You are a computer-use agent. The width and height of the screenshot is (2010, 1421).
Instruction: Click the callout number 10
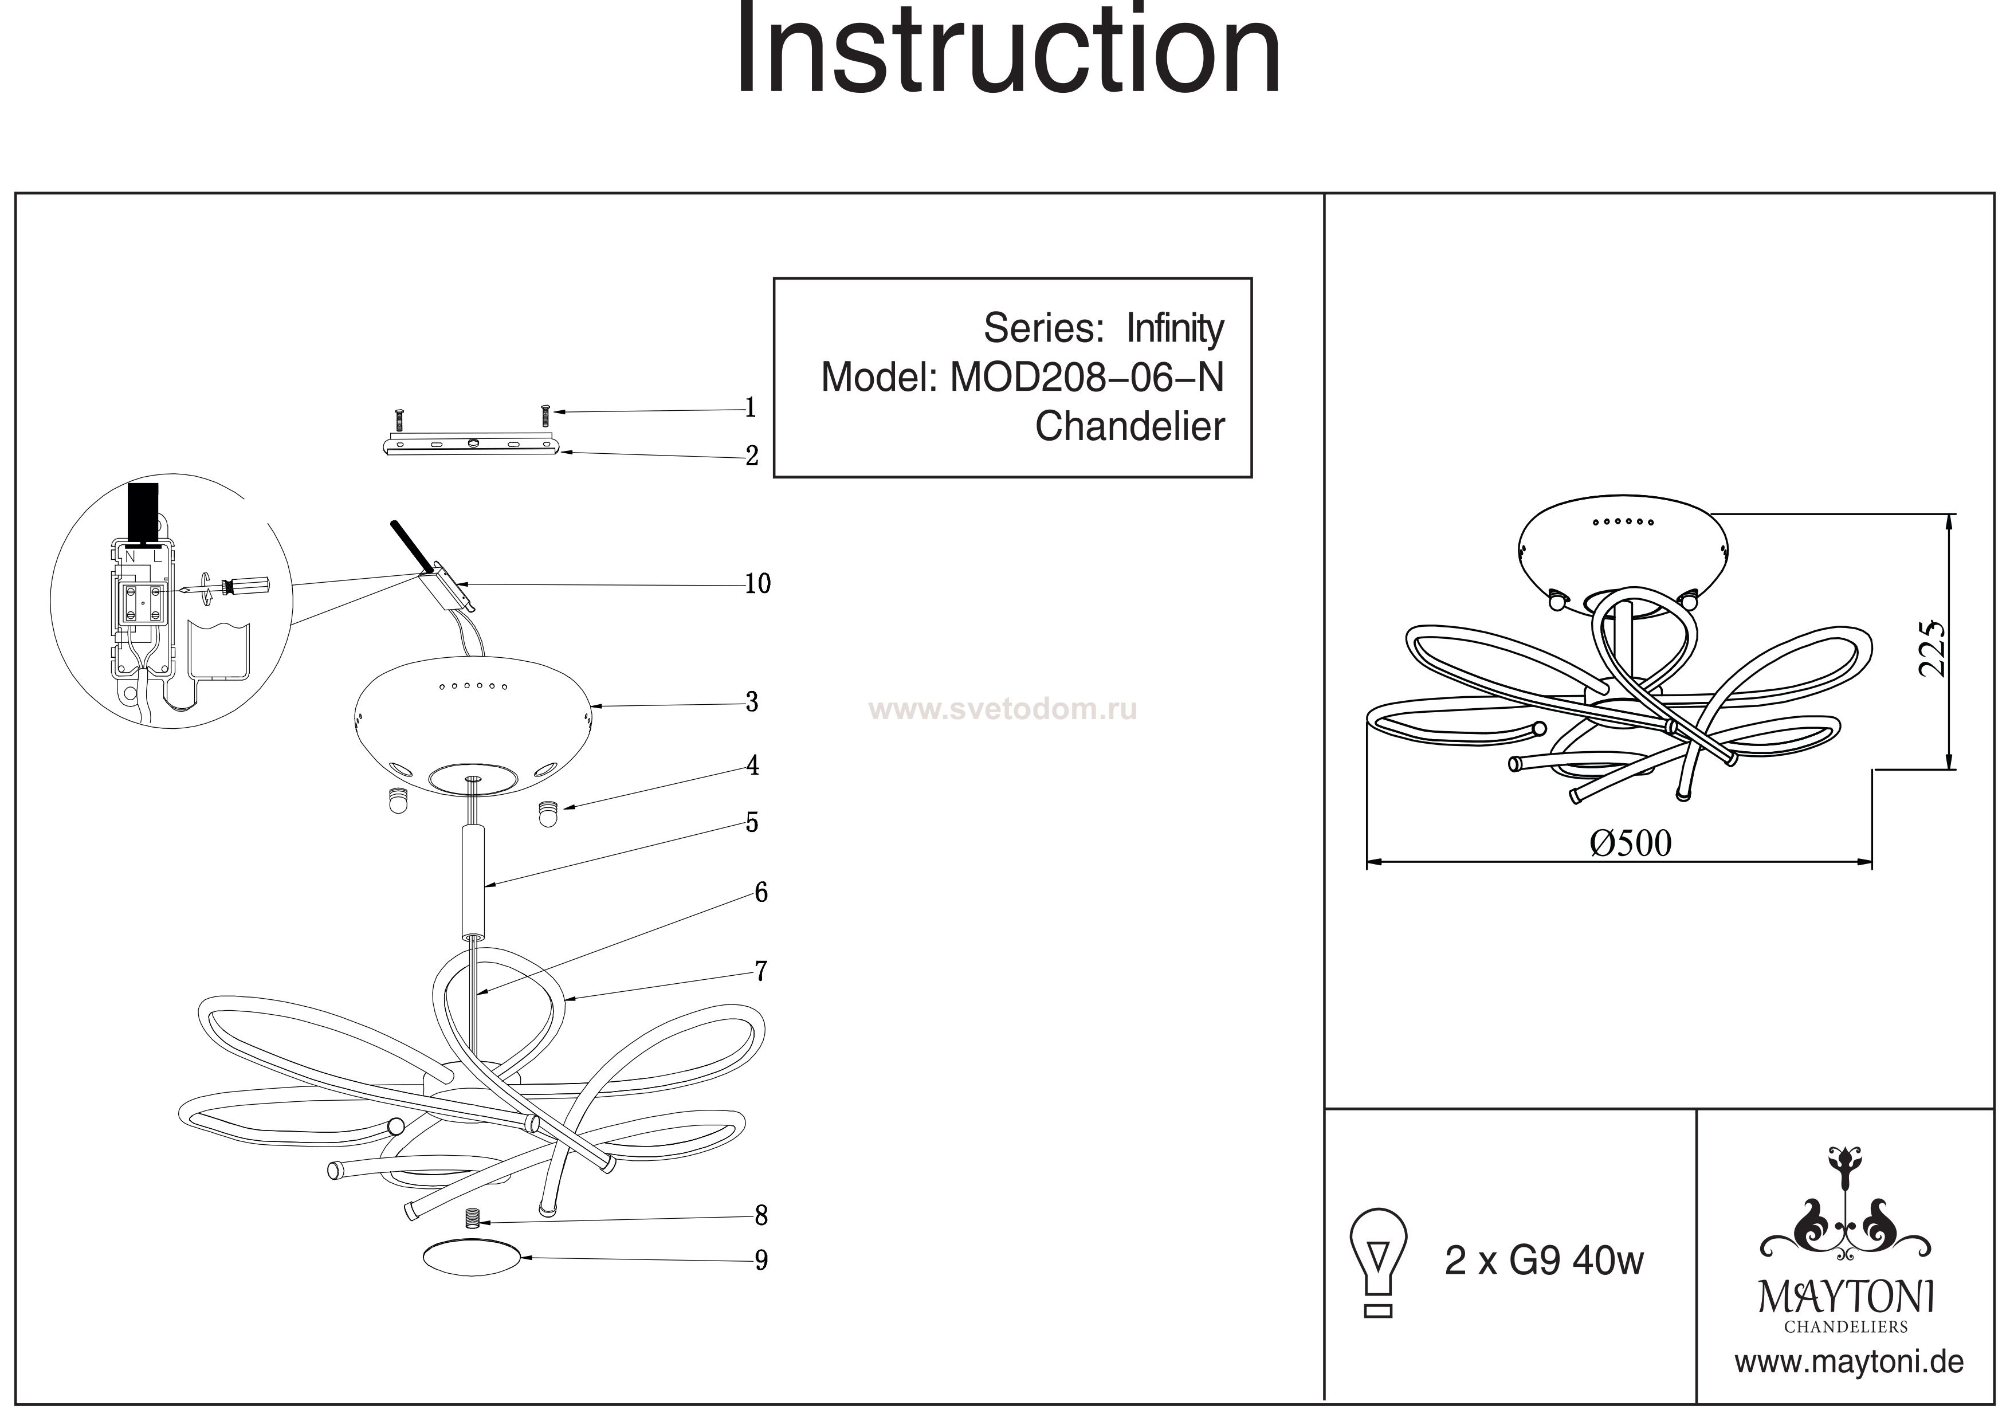757,584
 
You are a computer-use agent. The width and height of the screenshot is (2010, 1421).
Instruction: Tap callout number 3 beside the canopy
751,701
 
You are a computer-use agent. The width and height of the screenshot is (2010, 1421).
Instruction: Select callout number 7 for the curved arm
761,971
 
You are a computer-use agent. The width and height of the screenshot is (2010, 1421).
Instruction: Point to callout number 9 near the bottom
761,1260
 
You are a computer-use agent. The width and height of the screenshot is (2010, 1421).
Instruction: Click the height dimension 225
1931,649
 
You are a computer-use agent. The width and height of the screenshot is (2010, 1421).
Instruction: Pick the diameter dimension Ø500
1630,843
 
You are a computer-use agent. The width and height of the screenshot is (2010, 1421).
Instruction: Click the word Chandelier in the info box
1129,426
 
